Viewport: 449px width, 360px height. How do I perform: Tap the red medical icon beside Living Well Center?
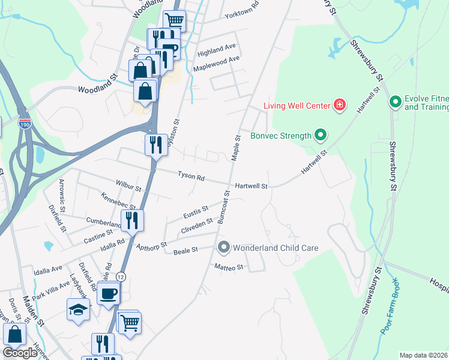340,106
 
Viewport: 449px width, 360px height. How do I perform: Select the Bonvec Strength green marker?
321,136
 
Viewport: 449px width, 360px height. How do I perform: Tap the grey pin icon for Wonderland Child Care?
224,247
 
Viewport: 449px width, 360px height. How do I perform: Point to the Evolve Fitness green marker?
395,103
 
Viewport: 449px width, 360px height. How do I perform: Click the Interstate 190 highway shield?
25,124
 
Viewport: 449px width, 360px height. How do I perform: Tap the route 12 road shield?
121,277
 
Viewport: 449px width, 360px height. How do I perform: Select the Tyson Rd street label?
191,177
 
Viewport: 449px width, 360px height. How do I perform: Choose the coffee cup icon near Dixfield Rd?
109,293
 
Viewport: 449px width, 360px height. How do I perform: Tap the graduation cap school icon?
78,309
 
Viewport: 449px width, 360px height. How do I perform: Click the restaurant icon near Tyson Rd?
155,145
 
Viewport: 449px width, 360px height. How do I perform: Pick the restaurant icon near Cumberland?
132,220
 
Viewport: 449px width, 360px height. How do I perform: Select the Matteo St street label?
229,267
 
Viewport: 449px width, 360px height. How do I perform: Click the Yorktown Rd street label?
241,17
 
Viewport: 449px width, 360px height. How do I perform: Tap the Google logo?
20,353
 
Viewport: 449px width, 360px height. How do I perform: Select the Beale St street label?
185,251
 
